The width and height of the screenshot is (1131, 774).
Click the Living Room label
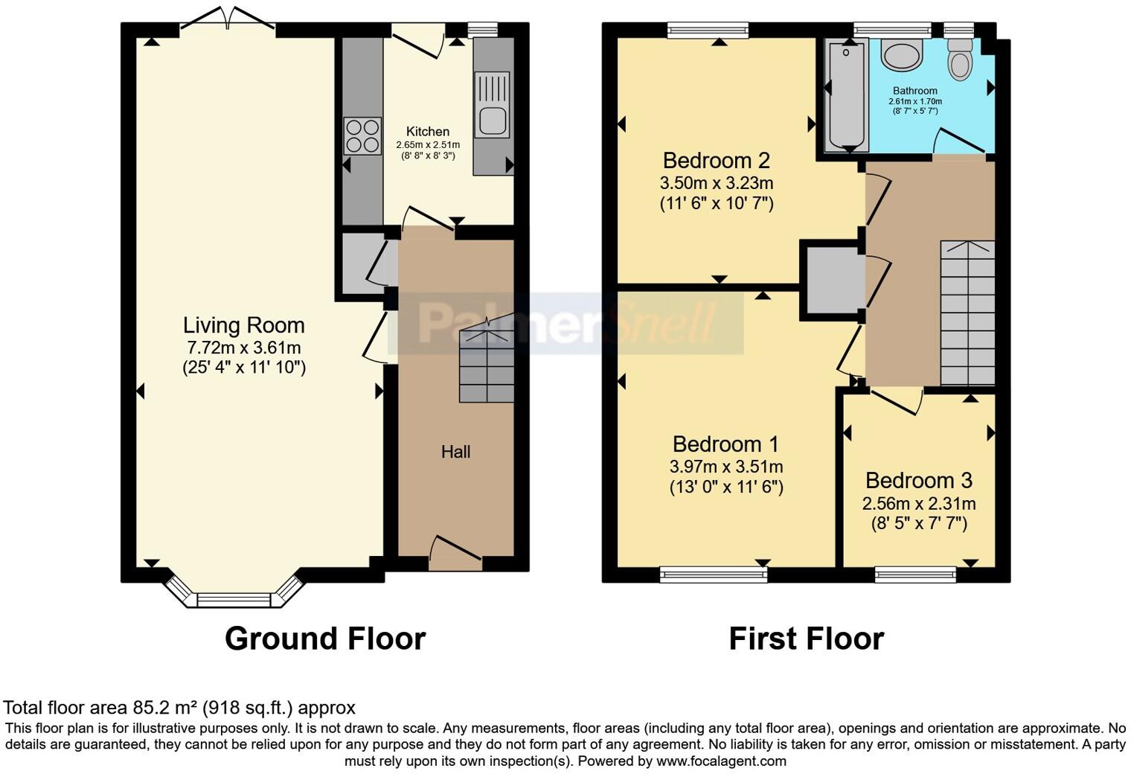pyautogui.click(x=243, y=325)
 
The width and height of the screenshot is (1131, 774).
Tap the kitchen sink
pyautogui.click(x=493, y=120)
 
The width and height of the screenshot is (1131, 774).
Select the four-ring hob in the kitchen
pyautogui.click(x=362, y=136)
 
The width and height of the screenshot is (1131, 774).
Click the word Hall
pyautogui.click(x=455, y=452)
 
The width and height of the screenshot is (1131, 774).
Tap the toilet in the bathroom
pyautogui.click(x=960, y=60)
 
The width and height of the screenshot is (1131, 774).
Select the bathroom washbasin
pyautogui.click(x=901, y=55)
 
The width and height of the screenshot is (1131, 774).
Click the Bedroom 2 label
pyautogui.click(x=716, y=160)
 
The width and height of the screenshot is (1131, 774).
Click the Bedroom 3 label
pyautogui.click(x=918, y=480)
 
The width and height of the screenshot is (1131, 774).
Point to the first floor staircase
pyautogui.click(x=967, y=313)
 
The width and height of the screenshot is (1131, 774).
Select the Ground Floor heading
pyautogui.click(x=324, y=639)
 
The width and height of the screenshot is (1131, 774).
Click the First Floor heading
pyautogui.click(x=806, y=639)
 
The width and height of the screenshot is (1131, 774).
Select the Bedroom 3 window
pyautogui.click(x=915, y=573)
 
